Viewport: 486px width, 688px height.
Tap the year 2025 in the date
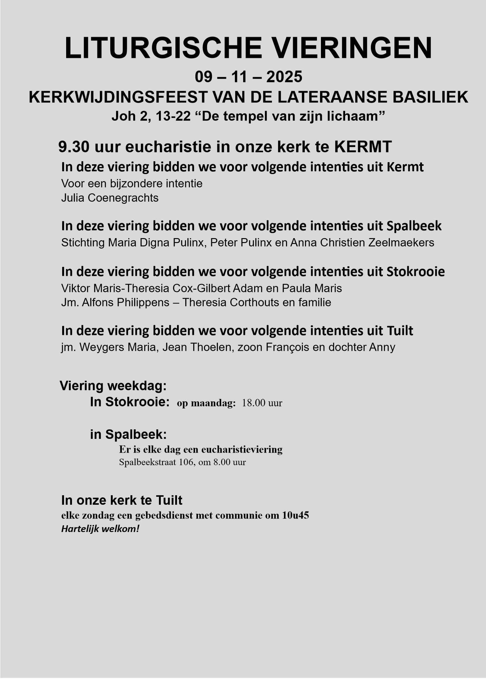284,77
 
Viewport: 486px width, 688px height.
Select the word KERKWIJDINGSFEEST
118,97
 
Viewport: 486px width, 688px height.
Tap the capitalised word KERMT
363,147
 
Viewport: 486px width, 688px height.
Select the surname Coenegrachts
123,198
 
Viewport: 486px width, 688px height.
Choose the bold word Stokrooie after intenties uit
416,272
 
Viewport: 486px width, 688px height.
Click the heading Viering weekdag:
113,386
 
